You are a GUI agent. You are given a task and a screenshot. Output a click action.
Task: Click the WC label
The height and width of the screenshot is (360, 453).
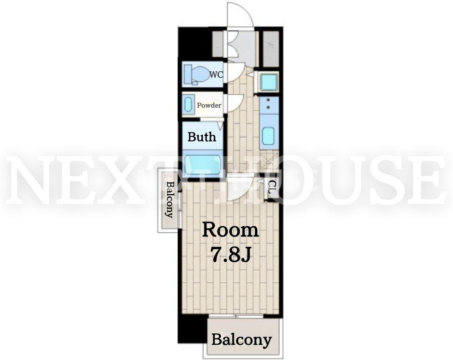pos(216,75)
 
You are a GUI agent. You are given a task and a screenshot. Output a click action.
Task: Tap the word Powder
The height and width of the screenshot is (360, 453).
pos(209,105)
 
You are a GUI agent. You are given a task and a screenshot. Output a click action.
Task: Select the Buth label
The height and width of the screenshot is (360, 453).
pos(202,137)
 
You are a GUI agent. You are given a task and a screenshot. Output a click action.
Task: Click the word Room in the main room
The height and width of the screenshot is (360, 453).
pos(231,230)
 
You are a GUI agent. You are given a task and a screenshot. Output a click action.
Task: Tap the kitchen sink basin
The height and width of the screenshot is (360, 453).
pos(269,136)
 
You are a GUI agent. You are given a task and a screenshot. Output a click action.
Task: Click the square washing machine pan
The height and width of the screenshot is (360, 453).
pos(269,82)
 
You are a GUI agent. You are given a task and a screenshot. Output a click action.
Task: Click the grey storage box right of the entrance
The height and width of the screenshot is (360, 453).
pos(271,49)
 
